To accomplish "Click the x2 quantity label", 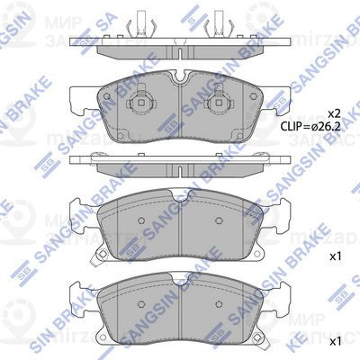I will click(x=333, y=114).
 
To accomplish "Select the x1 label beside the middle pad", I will click(x=336, y=256).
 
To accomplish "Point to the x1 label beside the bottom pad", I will click(x=336, y=342).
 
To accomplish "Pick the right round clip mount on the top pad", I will click(x=219, y=107).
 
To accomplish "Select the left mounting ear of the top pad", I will click(x=82, y=95).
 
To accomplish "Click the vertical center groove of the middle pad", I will click(x=180, y=229).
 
